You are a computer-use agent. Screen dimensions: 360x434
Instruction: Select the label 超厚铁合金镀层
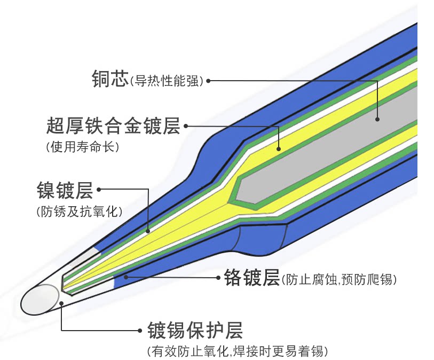tap(113, 126)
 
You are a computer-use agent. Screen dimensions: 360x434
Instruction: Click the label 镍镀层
tap(65, 190)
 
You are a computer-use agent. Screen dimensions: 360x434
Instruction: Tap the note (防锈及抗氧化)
tap(80, 211)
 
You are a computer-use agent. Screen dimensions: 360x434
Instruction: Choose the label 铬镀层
tap(251, 277)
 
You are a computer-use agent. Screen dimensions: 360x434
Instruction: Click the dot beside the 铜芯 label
tap(208, 81)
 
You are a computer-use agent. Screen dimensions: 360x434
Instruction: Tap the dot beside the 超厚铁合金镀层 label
tap(186, 127)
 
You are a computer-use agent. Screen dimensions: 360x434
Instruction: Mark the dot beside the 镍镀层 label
tap(99, 189)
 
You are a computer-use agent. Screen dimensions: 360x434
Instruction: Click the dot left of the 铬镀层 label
tap(219, 278)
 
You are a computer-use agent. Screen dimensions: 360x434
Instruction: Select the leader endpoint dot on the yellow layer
tap(278, 148)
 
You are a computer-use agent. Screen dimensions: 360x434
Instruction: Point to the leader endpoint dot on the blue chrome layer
tap(126, 277)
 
